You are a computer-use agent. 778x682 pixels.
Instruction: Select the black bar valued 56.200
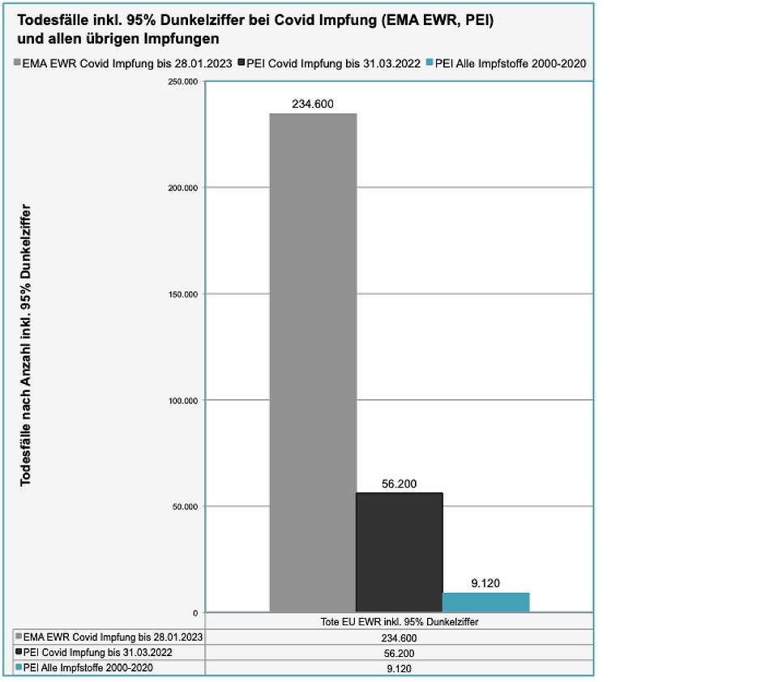click(x=400, y=552)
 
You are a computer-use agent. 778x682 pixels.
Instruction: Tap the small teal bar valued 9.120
click(x=485, y=602)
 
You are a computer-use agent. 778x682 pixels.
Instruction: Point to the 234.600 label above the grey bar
click(x=313, y=104)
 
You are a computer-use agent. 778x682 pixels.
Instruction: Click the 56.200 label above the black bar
click(x=399, y=484)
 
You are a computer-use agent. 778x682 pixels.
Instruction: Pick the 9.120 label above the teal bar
click(x=485, y=582)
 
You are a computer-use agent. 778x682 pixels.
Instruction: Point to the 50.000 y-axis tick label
click(x=184, y=506)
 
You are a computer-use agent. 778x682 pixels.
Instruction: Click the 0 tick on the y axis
click(x=195, y=612)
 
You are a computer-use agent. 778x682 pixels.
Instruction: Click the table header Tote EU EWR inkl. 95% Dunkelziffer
click(x=399, y=621)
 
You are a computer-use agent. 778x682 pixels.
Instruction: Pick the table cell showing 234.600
click(x=399, y=637)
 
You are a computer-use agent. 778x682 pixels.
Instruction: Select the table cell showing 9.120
click(x=399, y=668)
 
